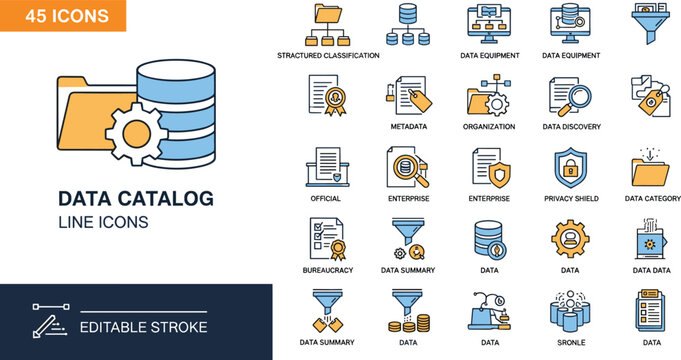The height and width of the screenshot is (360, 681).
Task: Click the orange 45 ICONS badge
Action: [63, 16]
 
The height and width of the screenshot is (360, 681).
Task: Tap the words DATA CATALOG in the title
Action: [136, 198]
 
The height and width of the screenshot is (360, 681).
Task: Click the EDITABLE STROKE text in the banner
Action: [144, 327]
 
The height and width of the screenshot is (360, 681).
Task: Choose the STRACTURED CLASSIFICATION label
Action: [328, 56]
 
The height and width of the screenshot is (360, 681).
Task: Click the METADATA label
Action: [408, 127]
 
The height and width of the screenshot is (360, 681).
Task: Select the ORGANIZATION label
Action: [489, 127]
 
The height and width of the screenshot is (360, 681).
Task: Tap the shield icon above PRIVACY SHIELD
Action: [570, 167]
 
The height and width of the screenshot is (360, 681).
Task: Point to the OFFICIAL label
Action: [326, 199]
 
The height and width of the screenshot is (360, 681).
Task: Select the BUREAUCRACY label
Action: [327, 270]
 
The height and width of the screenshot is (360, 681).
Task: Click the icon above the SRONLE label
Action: [570, 310]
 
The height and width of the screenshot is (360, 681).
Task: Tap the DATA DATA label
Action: [652, 270]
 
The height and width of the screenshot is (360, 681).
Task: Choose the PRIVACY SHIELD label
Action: [571, 199]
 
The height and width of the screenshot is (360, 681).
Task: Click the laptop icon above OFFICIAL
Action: [327, 167]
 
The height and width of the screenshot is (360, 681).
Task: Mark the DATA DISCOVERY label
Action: [571, 127]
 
